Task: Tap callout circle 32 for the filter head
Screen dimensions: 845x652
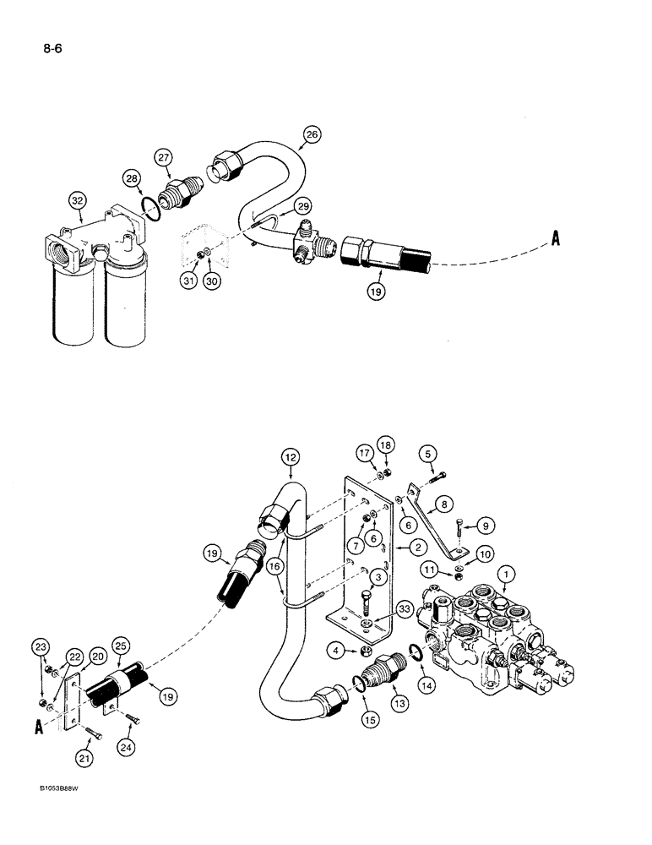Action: pos(79,199)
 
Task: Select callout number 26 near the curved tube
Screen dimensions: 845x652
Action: pos(312,134)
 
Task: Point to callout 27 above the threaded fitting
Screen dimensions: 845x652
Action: pos(163,158)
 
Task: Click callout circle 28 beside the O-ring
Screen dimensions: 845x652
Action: pos(131,178)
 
